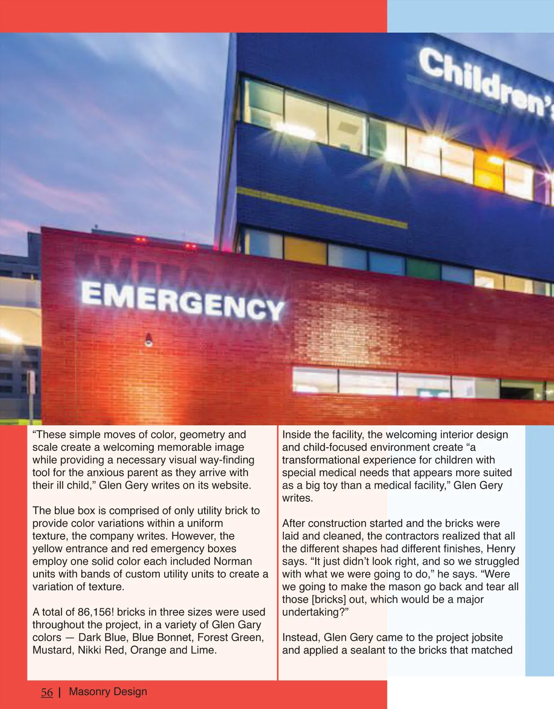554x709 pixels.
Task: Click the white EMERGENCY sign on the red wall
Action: (x=182, y=301)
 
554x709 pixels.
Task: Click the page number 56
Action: (x=47, y=692)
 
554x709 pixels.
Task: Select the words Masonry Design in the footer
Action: (x=108, y=691)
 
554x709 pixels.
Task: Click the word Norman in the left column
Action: (x=233, y=561)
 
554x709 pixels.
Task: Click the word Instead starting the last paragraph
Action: (x=301, y=637)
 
